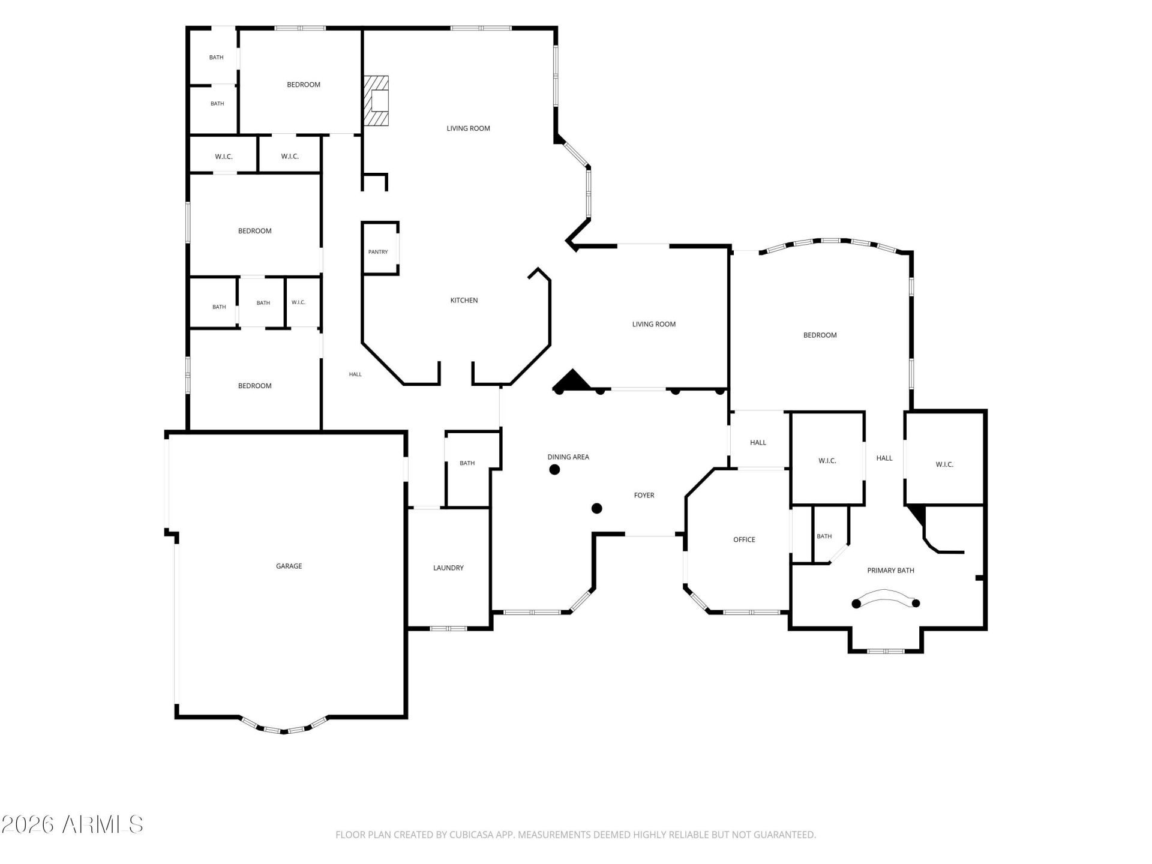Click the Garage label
(x=289, y=566)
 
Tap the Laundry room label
(x=448, y=568)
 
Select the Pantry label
(x=378, y=252)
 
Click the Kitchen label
(x=464, y=300)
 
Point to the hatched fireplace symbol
(x=376, y=101)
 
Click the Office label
(x=744, y=539)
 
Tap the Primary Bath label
(x=890, y=570)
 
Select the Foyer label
(x=644, y=495)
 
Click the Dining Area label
(x=568, y=457)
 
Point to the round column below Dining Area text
(x=555, y=470)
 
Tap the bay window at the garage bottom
(x=284, y=726)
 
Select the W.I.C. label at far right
(x=944, y=464)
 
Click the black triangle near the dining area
(x=572, y=380)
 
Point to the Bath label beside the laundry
(x=467, y=463)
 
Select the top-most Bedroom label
(x=304, y=85)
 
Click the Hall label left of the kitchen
(x=355, y=374)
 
